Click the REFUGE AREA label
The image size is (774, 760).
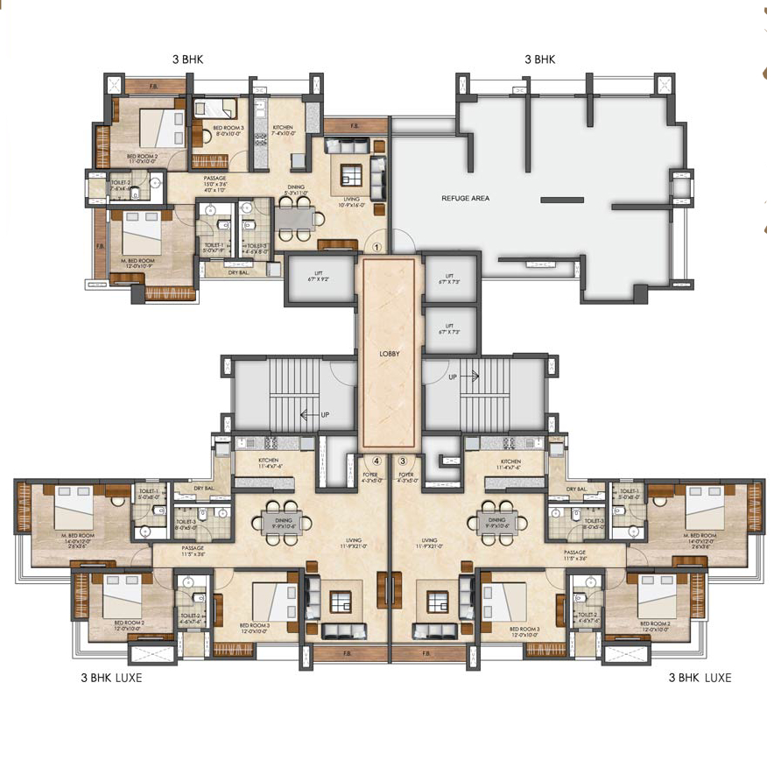pos(465,199)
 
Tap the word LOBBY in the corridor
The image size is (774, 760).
pos(390,354)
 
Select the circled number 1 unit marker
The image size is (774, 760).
pos(377,247)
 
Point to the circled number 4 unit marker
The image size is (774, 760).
pos(376,461)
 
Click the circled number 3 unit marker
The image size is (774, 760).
pos(403,461)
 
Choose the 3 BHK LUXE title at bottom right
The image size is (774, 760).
pos(700,678)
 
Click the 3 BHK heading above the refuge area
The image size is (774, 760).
pos(540,60)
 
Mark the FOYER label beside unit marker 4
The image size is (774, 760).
pos(371,477)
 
